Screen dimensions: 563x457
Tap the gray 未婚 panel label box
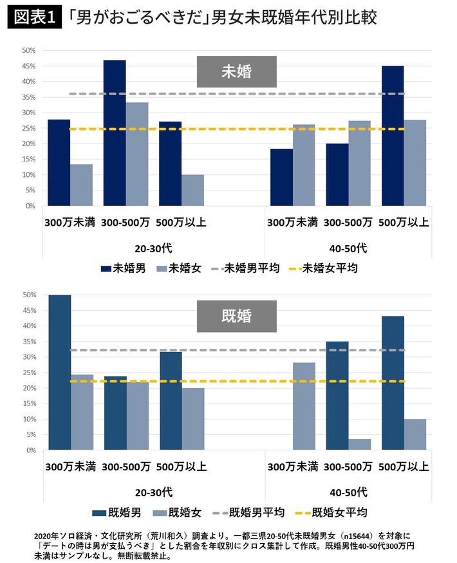click(x=236, y=71)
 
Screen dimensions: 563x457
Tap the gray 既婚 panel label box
click(x=236, y=316)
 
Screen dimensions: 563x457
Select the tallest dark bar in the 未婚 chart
click(x=115, y=133)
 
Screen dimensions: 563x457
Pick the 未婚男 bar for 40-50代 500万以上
click(x=393, y=136)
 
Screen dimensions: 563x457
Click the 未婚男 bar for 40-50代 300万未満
click(x=281, y=178)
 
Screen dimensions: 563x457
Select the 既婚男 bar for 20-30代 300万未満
click(x=59, y=373)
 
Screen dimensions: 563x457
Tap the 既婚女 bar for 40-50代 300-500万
click(x=359, y=445)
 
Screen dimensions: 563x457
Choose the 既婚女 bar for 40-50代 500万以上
click(x=415, y=435)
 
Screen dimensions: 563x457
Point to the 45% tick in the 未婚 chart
click(x=28, y=66)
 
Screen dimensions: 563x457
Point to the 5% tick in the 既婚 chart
click(x=30, y=435)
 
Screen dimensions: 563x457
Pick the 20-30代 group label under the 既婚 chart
click(x=154, y=492)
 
